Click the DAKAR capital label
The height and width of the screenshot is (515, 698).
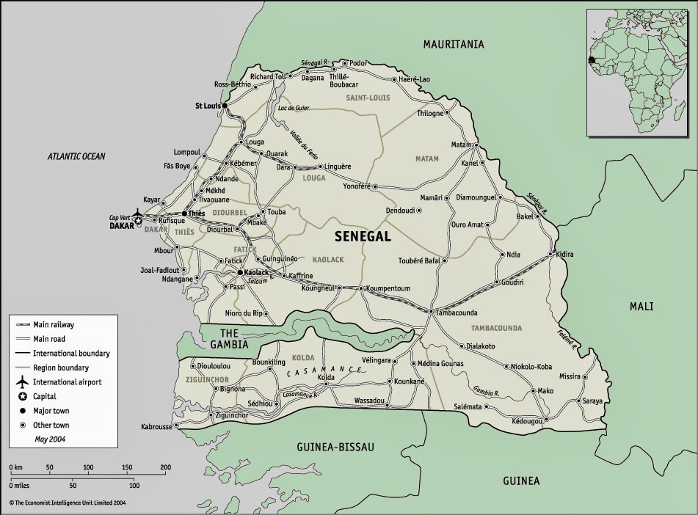123,227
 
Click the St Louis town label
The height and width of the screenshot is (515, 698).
208,106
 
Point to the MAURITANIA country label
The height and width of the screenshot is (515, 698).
454,45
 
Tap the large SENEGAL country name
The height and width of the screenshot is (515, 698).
363,236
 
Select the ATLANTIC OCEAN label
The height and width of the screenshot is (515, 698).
77,156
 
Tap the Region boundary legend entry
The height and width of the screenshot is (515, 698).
62,368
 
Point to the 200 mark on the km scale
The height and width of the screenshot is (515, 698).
165,467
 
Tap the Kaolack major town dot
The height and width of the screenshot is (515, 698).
239,273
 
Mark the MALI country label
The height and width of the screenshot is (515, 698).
640,307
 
